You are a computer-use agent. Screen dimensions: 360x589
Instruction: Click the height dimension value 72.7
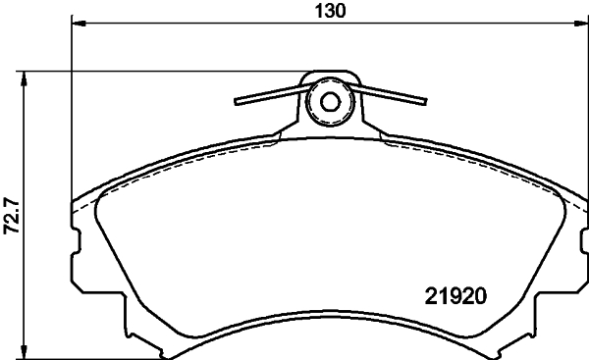(x=12, y=214)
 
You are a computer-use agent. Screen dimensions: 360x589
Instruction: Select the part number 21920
(x=456, y=293)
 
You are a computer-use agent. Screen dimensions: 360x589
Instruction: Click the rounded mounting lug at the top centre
(x=330, y=98)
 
